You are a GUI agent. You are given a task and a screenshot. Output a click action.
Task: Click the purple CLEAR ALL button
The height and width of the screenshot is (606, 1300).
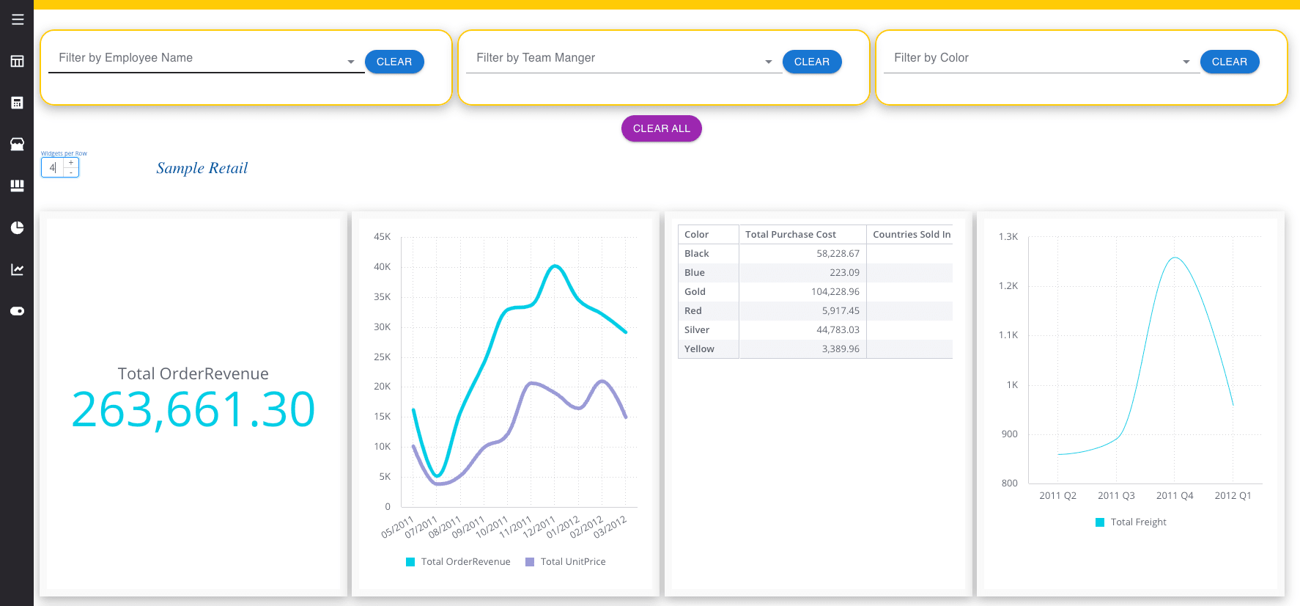pos(661,128)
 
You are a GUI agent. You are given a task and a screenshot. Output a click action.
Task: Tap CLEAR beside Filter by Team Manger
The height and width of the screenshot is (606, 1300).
pos(812,62)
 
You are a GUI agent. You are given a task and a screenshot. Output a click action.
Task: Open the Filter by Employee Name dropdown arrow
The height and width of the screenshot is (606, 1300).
pos(351,62)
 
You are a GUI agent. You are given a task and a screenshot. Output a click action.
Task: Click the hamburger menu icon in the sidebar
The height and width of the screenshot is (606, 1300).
pos(18,19)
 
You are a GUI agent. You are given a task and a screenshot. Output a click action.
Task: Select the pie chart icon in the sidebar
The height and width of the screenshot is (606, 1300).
pos(18,227)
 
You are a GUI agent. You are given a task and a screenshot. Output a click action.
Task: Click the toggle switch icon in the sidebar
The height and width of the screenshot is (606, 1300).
pos(18,311)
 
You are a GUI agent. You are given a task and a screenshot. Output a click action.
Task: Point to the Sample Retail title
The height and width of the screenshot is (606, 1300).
pos(202,168)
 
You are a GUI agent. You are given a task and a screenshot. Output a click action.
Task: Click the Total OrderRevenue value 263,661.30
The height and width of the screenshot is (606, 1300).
pos(193,409)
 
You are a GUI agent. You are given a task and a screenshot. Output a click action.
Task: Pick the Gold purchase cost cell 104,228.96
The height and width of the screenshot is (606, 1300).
pos(835,291)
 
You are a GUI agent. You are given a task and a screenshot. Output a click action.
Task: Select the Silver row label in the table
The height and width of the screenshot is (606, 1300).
pos(697,329)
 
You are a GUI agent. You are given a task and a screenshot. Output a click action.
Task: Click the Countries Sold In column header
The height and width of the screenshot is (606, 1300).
pos(912,234)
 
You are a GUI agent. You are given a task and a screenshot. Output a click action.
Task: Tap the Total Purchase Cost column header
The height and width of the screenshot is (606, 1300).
pos(791,234)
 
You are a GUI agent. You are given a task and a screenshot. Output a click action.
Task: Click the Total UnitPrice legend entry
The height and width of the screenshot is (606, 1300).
pos(566,561)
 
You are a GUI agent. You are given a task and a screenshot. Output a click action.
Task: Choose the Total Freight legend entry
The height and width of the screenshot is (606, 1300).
pos(1131,522)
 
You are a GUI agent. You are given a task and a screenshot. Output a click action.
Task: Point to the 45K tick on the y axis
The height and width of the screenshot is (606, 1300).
pos(382,236)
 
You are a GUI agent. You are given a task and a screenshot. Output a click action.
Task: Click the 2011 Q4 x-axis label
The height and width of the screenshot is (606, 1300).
pos(1175,495)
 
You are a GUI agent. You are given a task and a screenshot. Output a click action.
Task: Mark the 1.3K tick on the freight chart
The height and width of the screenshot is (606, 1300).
pos(1008,236)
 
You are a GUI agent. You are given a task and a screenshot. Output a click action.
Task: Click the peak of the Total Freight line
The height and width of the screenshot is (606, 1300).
pos(1175,258)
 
